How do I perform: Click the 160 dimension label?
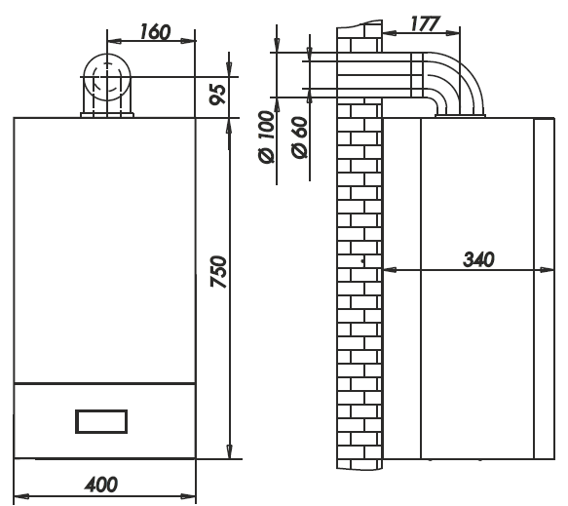tap(155, 31)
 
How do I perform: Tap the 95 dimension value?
tap(218, 95)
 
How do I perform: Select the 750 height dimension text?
tap(219, 271)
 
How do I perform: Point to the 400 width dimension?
tap(101, 485)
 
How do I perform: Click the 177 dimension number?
tap(425, 24)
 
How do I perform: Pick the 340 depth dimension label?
tap(478, 259)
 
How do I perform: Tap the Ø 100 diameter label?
tap(267, 137)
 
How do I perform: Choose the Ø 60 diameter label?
tap(300, 137)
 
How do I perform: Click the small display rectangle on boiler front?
tap(101, 421)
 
